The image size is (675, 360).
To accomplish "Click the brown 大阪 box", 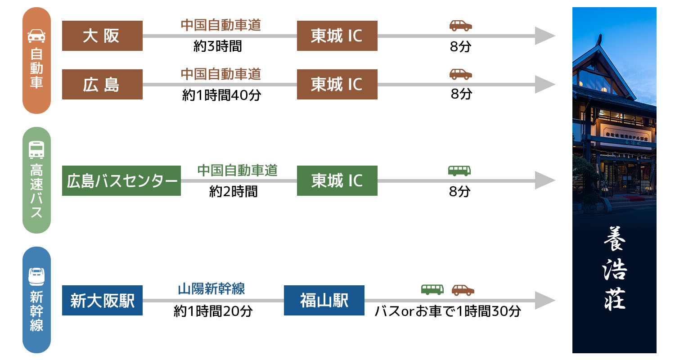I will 102,36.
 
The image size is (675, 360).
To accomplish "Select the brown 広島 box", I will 102,85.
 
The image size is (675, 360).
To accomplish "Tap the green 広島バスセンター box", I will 121,181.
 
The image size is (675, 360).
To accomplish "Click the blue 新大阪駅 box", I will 102,301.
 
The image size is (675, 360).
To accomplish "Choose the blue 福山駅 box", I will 324,301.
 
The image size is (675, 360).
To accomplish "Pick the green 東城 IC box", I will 337,181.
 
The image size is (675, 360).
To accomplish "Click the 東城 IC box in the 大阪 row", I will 337,36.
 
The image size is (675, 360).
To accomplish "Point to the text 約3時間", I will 217,47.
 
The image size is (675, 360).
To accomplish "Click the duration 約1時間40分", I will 221,95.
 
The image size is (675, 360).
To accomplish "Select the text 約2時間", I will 233,192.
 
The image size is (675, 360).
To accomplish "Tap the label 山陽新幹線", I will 211,289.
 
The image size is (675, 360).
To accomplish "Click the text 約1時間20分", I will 213,311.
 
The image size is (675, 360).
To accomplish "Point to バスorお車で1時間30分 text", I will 448,311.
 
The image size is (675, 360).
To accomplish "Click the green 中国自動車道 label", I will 237,171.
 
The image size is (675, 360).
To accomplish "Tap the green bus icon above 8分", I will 459,171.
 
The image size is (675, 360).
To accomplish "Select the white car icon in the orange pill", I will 36,36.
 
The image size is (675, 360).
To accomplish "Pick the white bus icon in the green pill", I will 36,150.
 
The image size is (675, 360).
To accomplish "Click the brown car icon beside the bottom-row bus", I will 463,290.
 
